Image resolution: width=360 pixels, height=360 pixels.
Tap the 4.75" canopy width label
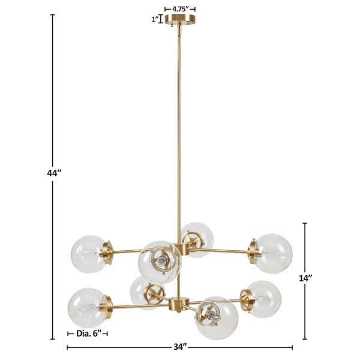click(179, 9)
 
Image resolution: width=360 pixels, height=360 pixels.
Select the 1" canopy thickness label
click(155, 19)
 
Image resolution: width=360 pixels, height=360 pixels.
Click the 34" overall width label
click(180, 347)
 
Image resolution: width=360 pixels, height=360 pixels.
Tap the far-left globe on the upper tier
click(88, 254)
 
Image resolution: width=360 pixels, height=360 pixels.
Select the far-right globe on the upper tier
click(274, 252)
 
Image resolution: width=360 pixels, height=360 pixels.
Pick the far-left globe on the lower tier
click(85, 306)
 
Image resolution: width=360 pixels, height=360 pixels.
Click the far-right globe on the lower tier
click(264, 298)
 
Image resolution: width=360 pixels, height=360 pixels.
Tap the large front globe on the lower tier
click(216, 317)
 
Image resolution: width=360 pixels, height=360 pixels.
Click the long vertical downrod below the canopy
click(178, 132)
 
